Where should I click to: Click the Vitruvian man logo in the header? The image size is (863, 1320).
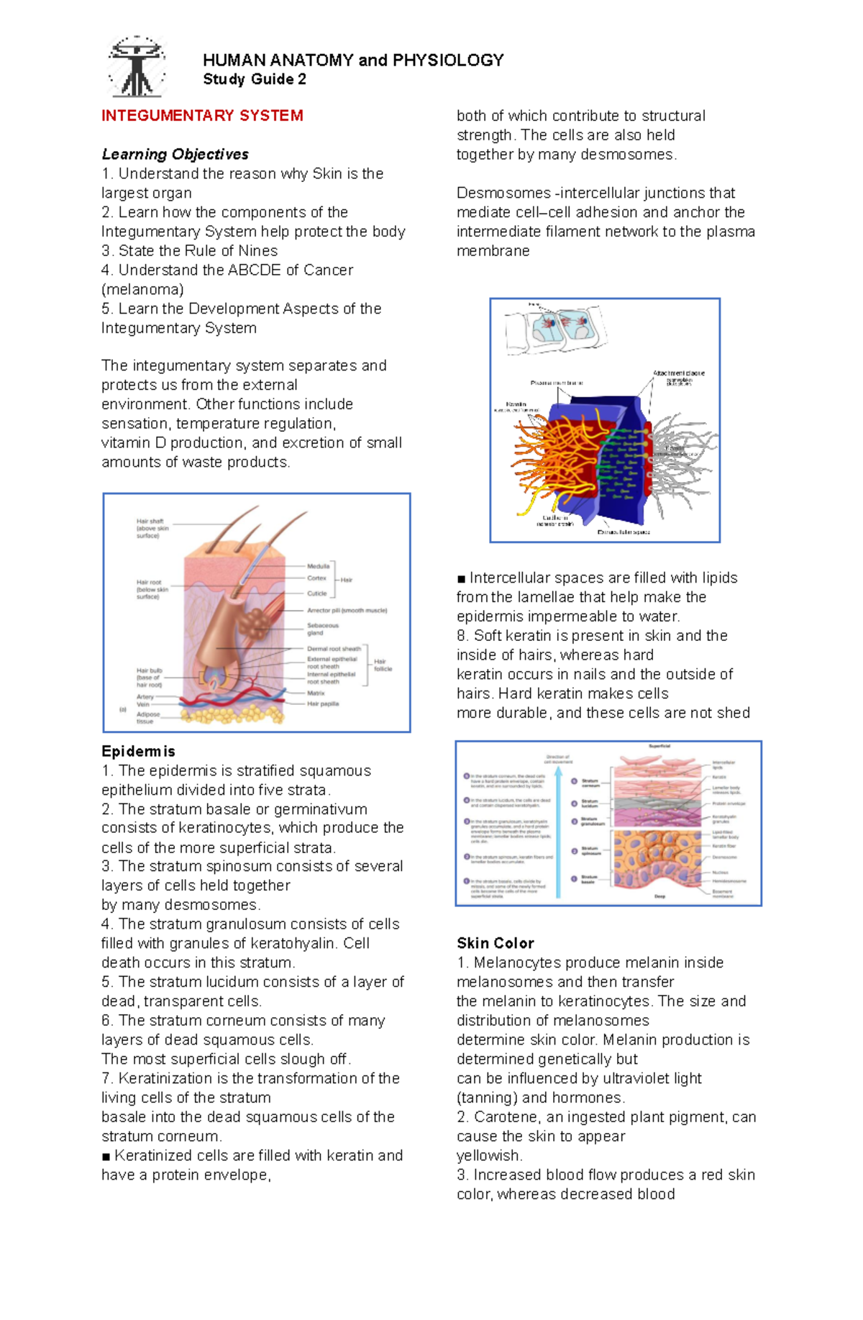[x=136, y=66]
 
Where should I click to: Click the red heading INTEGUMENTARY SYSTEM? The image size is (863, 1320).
[x=202, y=116]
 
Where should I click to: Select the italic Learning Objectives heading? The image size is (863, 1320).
[x=175, y=154]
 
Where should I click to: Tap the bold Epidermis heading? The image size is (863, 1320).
[x=138, y=751]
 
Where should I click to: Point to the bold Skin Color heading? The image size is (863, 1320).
[x=495, y=943]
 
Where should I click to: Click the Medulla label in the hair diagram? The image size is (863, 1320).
[x=318, y=566]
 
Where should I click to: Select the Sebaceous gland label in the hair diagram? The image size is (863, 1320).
[x=322, y=629]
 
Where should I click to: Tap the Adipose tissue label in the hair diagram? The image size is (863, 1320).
[x=148, y=718]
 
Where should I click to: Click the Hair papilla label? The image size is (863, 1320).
[x=323, y=704]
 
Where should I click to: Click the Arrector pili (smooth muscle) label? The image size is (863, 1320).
[x=347, y=610]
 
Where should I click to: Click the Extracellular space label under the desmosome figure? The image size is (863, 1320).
[x=624, y=532]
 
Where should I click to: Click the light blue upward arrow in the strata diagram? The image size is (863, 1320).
[x=558, y=827]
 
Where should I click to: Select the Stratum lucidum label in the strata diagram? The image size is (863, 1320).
[x=590, y=804]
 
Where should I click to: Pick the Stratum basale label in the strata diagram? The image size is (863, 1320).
[x=589, y=879]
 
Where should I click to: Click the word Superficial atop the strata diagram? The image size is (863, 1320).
[x=659, y=746]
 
